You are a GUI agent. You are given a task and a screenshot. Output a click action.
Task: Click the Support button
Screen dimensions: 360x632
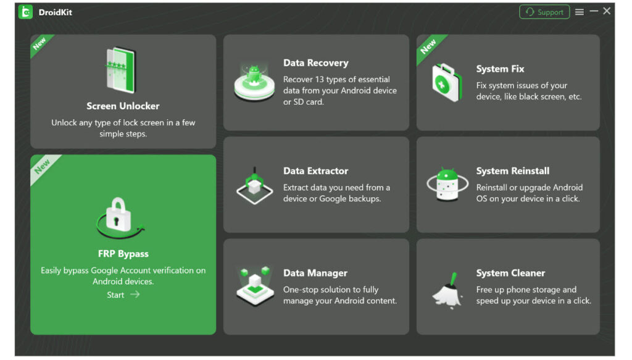tap(544, 12)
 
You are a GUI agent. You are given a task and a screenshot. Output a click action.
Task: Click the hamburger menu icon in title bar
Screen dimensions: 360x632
tap(580, 12)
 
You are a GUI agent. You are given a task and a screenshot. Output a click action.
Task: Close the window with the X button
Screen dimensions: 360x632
tap(607, 11)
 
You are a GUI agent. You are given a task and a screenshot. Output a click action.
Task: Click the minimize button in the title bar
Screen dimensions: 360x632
tap(594, 11)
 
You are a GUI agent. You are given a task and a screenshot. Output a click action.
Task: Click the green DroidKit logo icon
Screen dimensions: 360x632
tap(25, 12)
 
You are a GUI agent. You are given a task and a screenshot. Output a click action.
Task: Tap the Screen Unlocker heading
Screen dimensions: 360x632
tap(123, 106)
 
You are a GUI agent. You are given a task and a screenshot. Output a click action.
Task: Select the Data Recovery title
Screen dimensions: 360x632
tap(315, 63)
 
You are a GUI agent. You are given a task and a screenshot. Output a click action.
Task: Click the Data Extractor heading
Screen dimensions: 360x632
tap(315, 171)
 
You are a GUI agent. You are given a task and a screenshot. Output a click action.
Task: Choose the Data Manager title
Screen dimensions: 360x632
tap(315, 273)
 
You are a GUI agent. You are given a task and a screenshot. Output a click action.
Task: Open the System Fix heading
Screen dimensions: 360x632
tap(500, 69)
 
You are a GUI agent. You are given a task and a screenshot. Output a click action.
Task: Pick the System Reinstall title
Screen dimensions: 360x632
tap(512, 171)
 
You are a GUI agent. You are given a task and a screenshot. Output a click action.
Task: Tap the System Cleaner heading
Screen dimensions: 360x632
tap(510, 273)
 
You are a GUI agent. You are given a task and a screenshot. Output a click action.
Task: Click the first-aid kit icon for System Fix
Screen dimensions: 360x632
tap(446, 82)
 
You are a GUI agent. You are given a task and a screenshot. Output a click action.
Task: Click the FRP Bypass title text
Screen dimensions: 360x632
tap(123, 254)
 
